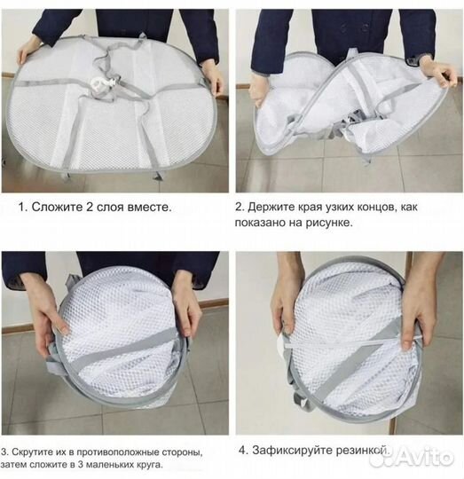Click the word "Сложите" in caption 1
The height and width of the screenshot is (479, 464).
[x=57, y=207]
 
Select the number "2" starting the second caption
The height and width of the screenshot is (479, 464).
[x=240, y=207]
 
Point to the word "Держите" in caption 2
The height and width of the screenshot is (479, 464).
[x=270, y=207]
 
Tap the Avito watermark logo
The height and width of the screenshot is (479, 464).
[x=412, y=458]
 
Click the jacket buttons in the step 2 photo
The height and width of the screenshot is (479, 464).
[x=354, y=28]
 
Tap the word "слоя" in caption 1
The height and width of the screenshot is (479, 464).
[x=110, y=207]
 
